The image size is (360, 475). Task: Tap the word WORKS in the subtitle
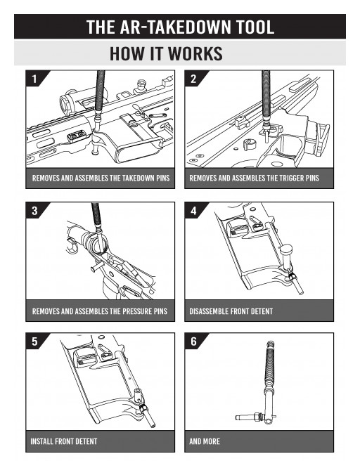pyautogui.click(x=193, y=53)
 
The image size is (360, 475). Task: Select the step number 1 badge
pyautogui.click(x=33, y=79)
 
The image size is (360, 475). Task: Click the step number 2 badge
pyautogui.click(x=193, y=79)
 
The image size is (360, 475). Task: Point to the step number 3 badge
pyautogui.click(x=33, y=210)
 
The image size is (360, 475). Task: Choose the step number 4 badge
pyautogui.click(x=193, y=210)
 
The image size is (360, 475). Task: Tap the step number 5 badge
pyautogui.click(x=33, y=341)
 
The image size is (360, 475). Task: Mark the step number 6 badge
pyautogui.click(x=193, y=341)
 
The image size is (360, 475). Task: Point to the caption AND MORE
pyautogui.click(x=205, y=442)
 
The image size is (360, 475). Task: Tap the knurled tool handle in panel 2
pyautogui.click(x=266, y=91)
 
